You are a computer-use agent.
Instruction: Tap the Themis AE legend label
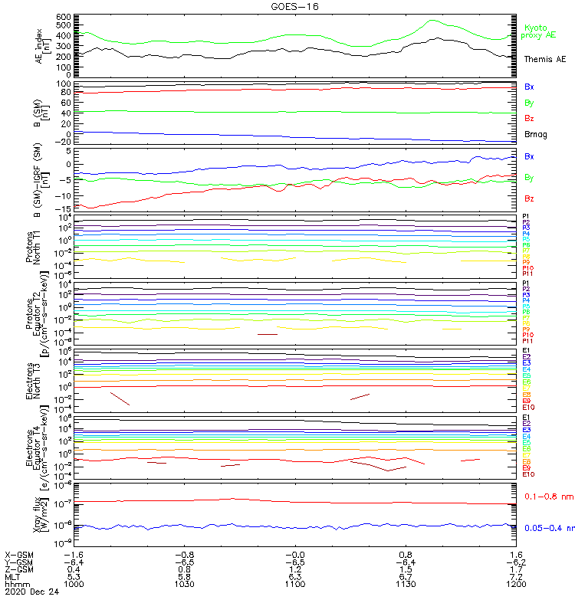[544, 59]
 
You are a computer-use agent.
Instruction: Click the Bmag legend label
[536, 134]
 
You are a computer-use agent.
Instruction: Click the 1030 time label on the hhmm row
[184, 584]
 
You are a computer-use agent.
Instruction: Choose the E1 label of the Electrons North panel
[527, 351]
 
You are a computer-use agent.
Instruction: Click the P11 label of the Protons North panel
[527, 274]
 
